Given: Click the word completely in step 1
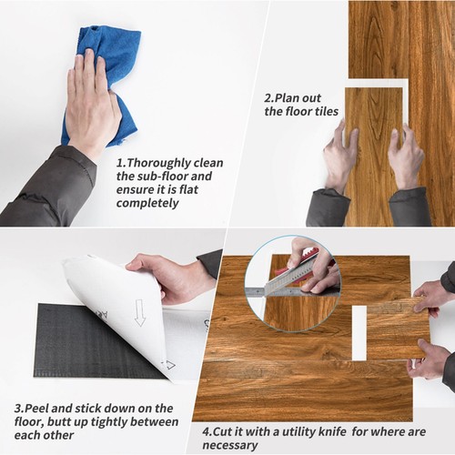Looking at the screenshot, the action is point(147,203).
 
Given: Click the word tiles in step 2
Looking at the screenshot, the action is point(325,111).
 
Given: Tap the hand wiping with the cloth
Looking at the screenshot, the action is point(90,103).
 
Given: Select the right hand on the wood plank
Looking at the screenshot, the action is point(405,157).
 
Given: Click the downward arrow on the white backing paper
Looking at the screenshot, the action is point(139,312).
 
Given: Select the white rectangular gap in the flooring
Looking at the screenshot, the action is point(359,333).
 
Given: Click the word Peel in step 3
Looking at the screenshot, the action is point(36,409).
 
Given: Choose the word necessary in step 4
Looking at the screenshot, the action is point(230,445).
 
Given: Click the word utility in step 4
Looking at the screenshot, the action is point(298,432).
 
